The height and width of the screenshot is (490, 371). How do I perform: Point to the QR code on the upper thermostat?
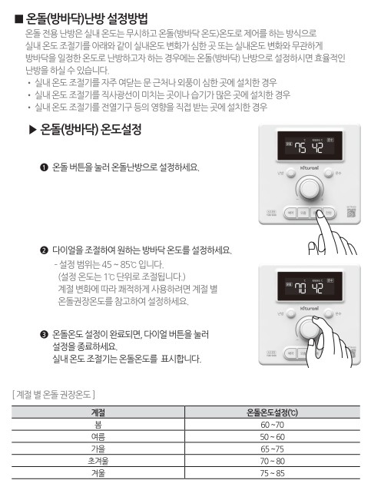[350, 213]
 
